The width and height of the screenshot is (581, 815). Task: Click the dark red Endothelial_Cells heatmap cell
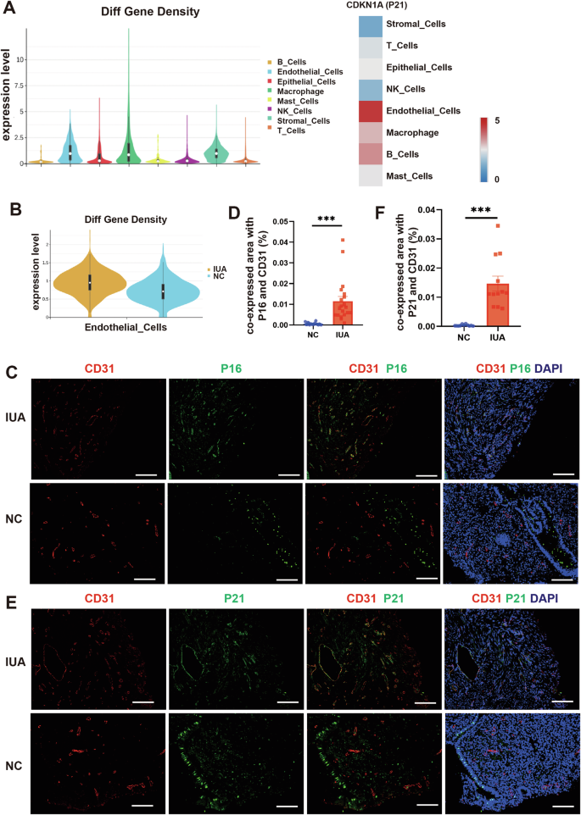[x=381, y=111]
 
